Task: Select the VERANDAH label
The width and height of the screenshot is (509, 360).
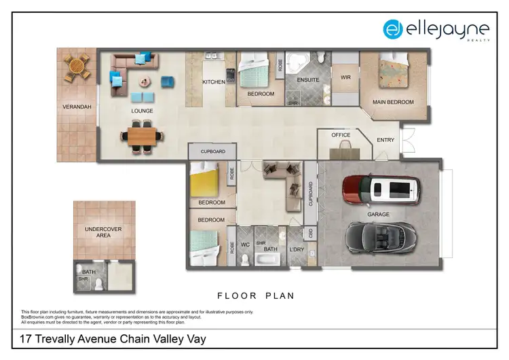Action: (x=76, y=107)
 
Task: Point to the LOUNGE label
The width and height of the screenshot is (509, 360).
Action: (x=142, y=111)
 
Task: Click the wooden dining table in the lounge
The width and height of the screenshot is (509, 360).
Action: (x=143, y=134)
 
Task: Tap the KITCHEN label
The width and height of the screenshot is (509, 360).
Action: (x=214, y=82)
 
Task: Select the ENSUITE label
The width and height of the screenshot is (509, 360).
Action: (x=308, y=79)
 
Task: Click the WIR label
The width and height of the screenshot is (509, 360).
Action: (x=345, y=77)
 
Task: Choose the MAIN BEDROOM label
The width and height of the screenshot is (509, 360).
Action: (x=392, y=103)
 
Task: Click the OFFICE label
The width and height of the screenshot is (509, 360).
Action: (x=341, y=135)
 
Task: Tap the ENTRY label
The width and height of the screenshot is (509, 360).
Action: (x=385, y=140)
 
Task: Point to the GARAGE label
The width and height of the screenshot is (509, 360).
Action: (x=379, y=214)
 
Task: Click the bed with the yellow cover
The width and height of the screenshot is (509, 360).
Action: (x=205, y=181)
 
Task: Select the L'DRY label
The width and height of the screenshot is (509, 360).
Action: (x=296, y=249)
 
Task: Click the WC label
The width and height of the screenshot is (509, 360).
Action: (x=246, y=244)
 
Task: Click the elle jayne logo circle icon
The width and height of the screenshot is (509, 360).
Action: (x=392, y=29)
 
